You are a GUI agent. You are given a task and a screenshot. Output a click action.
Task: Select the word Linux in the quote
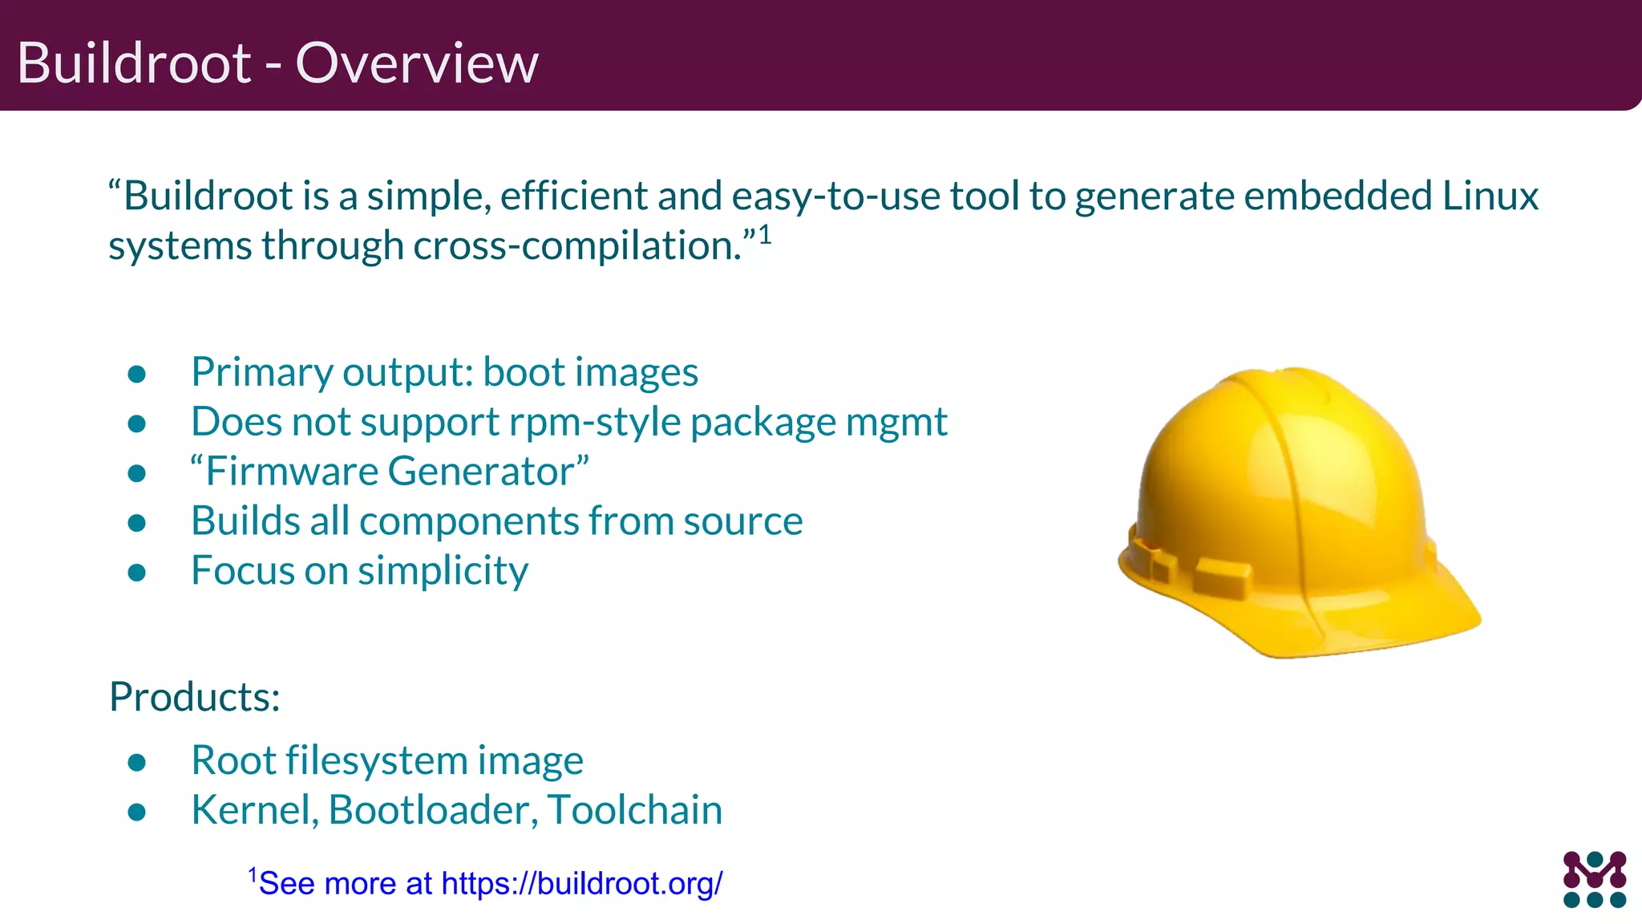tap(1490, 196)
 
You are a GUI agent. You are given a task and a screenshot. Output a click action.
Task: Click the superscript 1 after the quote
tap(765, 234)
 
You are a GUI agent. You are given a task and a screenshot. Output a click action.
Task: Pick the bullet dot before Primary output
tap(137, 374)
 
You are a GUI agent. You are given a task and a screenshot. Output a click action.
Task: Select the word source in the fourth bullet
tap(742, 521)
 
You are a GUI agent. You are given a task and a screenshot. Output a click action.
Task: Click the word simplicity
tap(443, 572)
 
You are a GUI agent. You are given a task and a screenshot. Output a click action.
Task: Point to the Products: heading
tap(195, 696)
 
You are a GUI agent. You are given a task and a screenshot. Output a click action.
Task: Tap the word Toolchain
tap(635, 810)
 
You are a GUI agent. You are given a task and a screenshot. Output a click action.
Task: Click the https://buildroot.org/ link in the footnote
tap(582, 883)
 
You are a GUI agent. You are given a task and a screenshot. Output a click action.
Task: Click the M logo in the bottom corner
tap(1594, 879)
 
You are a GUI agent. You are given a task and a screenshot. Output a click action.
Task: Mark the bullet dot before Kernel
tap(137, 812)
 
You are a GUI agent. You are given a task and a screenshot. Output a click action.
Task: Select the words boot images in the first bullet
tap(590, 373)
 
